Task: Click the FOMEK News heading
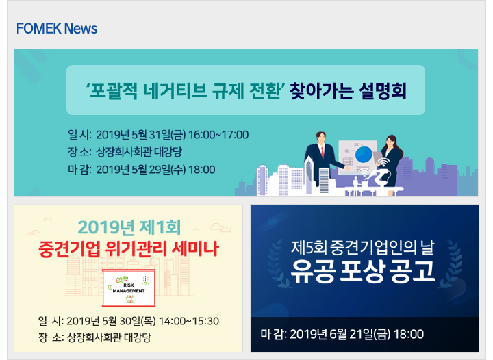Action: pos(57,29)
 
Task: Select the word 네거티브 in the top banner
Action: pos(175,91)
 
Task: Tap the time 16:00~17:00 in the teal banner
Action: pos(218,135)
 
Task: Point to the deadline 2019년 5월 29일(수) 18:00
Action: pos(155,170)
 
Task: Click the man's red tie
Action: pos(323,153)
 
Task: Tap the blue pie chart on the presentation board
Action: pos(364,155)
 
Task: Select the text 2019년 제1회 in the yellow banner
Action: pos(129,227)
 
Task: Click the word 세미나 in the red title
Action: pos(195,249)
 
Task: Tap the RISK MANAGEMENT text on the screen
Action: pos(129,288)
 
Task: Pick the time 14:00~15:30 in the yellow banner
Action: pos(189,321)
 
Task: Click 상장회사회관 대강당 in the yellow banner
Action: pos(109,337)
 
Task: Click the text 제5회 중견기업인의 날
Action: pos(362,248)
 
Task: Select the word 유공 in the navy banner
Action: pos(312,271)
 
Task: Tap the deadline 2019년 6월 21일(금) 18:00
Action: pos(357,334)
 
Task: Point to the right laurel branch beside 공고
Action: pos(451,264)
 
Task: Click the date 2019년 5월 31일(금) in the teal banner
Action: pos(141,135)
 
